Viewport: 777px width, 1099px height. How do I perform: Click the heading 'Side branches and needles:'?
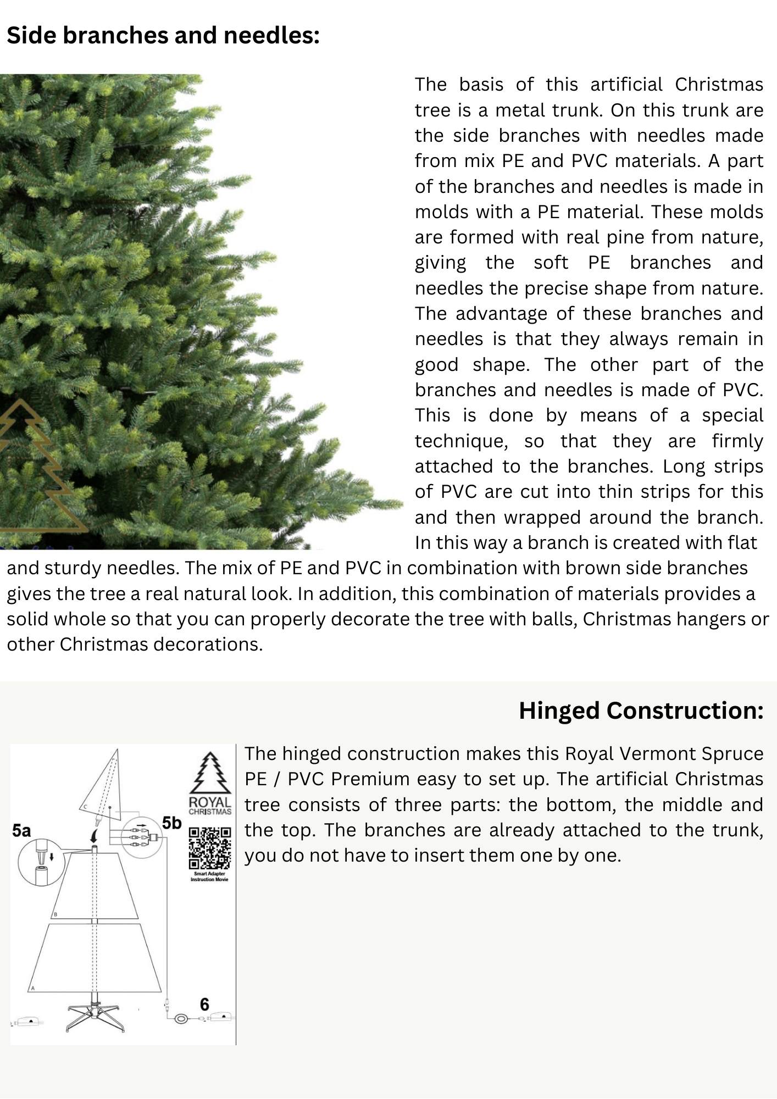click(163, 36)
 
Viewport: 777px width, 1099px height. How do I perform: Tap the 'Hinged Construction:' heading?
click(641, 711)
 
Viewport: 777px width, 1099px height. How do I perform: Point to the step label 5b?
click(171, 823)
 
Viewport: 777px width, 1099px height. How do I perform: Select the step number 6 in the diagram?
click(204, 1004)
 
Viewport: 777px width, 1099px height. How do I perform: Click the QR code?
click(209, 848)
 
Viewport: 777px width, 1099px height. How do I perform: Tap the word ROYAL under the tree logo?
click(209, 803)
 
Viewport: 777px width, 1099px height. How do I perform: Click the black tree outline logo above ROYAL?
click(209, 773)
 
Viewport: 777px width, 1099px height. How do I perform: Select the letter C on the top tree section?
click(86, 807)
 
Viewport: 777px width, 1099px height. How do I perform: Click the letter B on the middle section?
click(55, 915)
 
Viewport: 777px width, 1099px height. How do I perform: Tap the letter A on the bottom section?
click(33, 988)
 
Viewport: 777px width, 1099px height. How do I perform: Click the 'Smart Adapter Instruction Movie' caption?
click(209, 876)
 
